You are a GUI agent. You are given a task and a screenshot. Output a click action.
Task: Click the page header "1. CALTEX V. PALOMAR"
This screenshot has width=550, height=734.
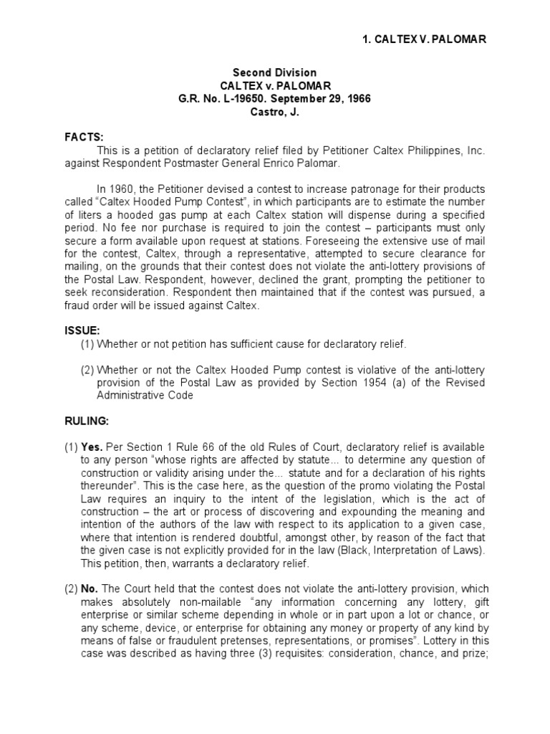(425, 39)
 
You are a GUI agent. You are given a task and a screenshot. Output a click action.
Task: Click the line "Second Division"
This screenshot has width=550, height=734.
(275, 73)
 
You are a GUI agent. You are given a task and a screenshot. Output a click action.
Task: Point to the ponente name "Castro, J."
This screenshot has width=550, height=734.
(275, 111)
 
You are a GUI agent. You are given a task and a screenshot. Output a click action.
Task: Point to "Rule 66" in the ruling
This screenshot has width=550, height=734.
(203, 445)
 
